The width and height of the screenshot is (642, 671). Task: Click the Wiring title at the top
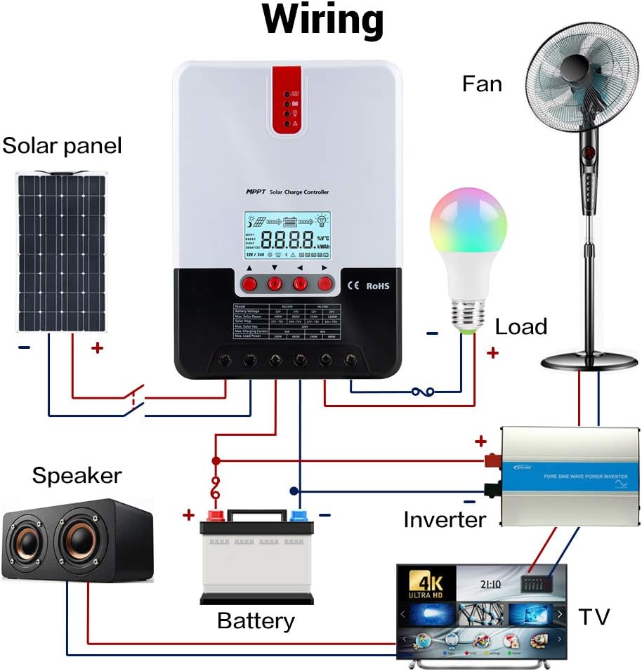322,21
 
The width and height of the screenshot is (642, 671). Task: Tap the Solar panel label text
62,146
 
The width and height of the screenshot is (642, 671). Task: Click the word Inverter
445,519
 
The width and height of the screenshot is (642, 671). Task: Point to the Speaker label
77,475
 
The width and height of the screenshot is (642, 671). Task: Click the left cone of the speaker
27,543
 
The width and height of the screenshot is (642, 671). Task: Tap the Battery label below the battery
256,621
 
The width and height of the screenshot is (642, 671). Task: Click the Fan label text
482,84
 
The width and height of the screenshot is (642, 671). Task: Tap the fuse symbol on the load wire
422,392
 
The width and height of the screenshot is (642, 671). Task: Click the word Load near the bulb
520,327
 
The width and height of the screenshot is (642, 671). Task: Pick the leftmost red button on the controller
249,284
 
